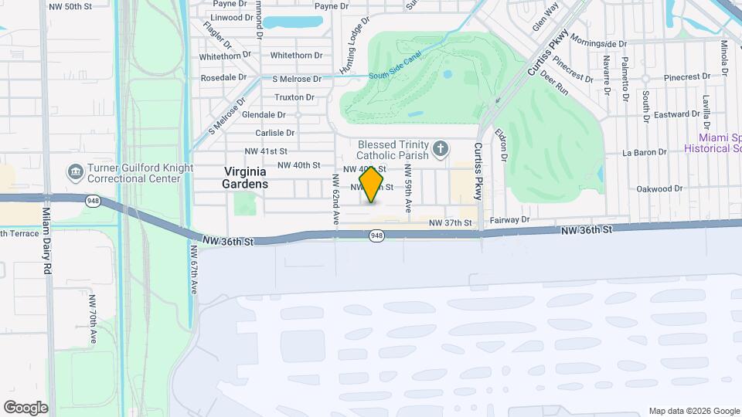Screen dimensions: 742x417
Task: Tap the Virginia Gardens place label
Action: [245, 178]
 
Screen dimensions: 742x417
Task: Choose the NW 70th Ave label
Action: [92, 318]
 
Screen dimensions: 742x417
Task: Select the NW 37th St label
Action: [451, 223]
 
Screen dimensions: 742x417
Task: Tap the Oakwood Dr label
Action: [659, 188]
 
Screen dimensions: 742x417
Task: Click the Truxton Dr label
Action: [294, 97]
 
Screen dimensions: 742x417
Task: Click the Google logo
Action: [25, 408]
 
